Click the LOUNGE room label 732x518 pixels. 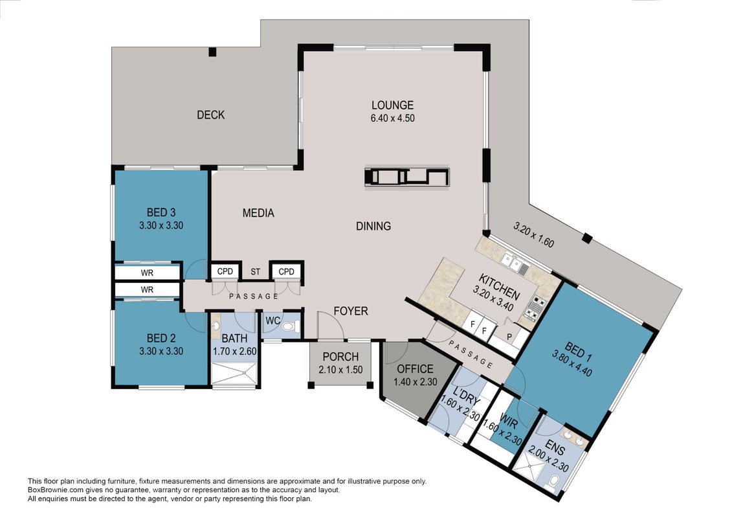(x=392, y=105)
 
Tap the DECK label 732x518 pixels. (x=210, y=115)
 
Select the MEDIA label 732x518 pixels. (x=258, y=213)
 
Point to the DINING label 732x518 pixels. (x=373, y=226)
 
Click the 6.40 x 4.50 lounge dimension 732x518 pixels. (x=393, y=118)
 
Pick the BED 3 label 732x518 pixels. (x=161, y=212)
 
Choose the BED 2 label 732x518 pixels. (x=161, y=338)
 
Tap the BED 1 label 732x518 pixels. (x=578, y=353)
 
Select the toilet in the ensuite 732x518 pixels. (x=553, y=481)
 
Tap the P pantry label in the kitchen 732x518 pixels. (x=509, y=336)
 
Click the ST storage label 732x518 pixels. (x=256, y=272)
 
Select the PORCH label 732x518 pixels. (x=341, y=357)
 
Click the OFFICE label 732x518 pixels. (x=415, y=369)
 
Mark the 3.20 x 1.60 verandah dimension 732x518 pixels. (x=533, y=234)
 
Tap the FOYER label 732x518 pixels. (x=351, y=311)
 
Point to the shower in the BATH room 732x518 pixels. (x=234, y=375)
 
